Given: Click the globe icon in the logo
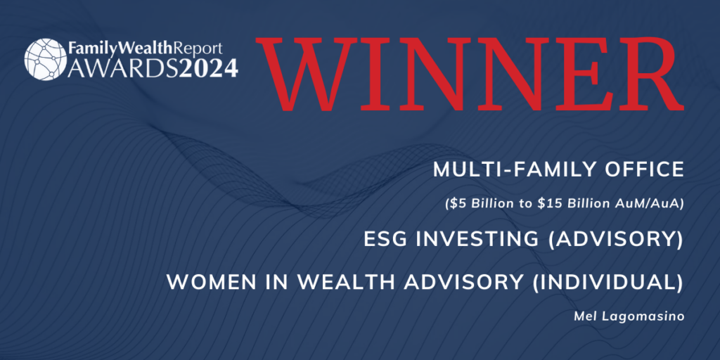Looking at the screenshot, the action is click(x=46, y=59).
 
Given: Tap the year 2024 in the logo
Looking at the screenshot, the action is click(x=210, y=67).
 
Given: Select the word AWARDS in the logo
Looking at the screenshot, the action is click(x=124, y=67).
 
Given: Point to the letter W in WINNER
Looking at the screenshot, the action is click(x=311, y=73).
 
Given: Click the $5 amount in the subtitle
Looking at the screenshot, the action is click(x=456, y=205).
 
